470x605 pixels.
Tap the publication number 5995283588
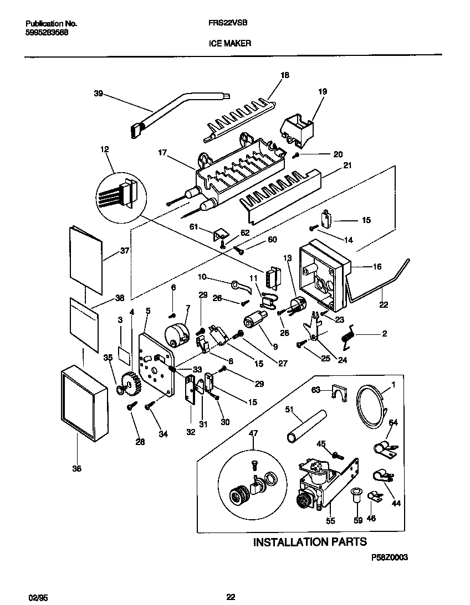pos(48,32)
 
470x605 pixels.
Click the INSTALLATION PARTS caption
pos(310,541)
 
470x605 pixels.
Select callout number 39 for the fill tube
pos(99,94)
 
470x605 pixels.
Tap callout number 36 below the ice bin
pos(76,468)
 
